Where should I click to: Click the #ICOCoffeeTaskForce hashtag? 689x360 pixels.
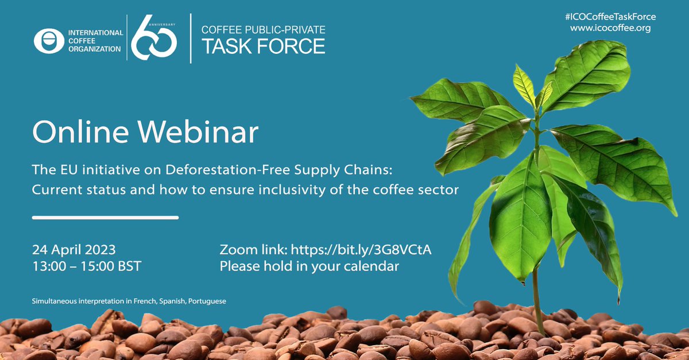click(610, 17)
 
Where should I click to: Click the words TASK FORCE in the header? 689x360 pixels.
click(264, 46)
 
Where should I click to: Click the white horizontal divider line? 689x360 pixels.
click(105, 218)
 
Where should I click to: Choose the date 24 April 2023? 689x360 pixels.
click(74, 250)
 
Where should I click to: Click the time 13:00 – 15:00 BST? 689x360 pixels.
click(87, 266)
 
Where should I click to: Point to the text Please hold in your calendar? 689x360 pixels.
click(310, 266)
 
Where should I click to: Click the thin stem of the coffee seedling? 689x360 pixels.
click(537, 299)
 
